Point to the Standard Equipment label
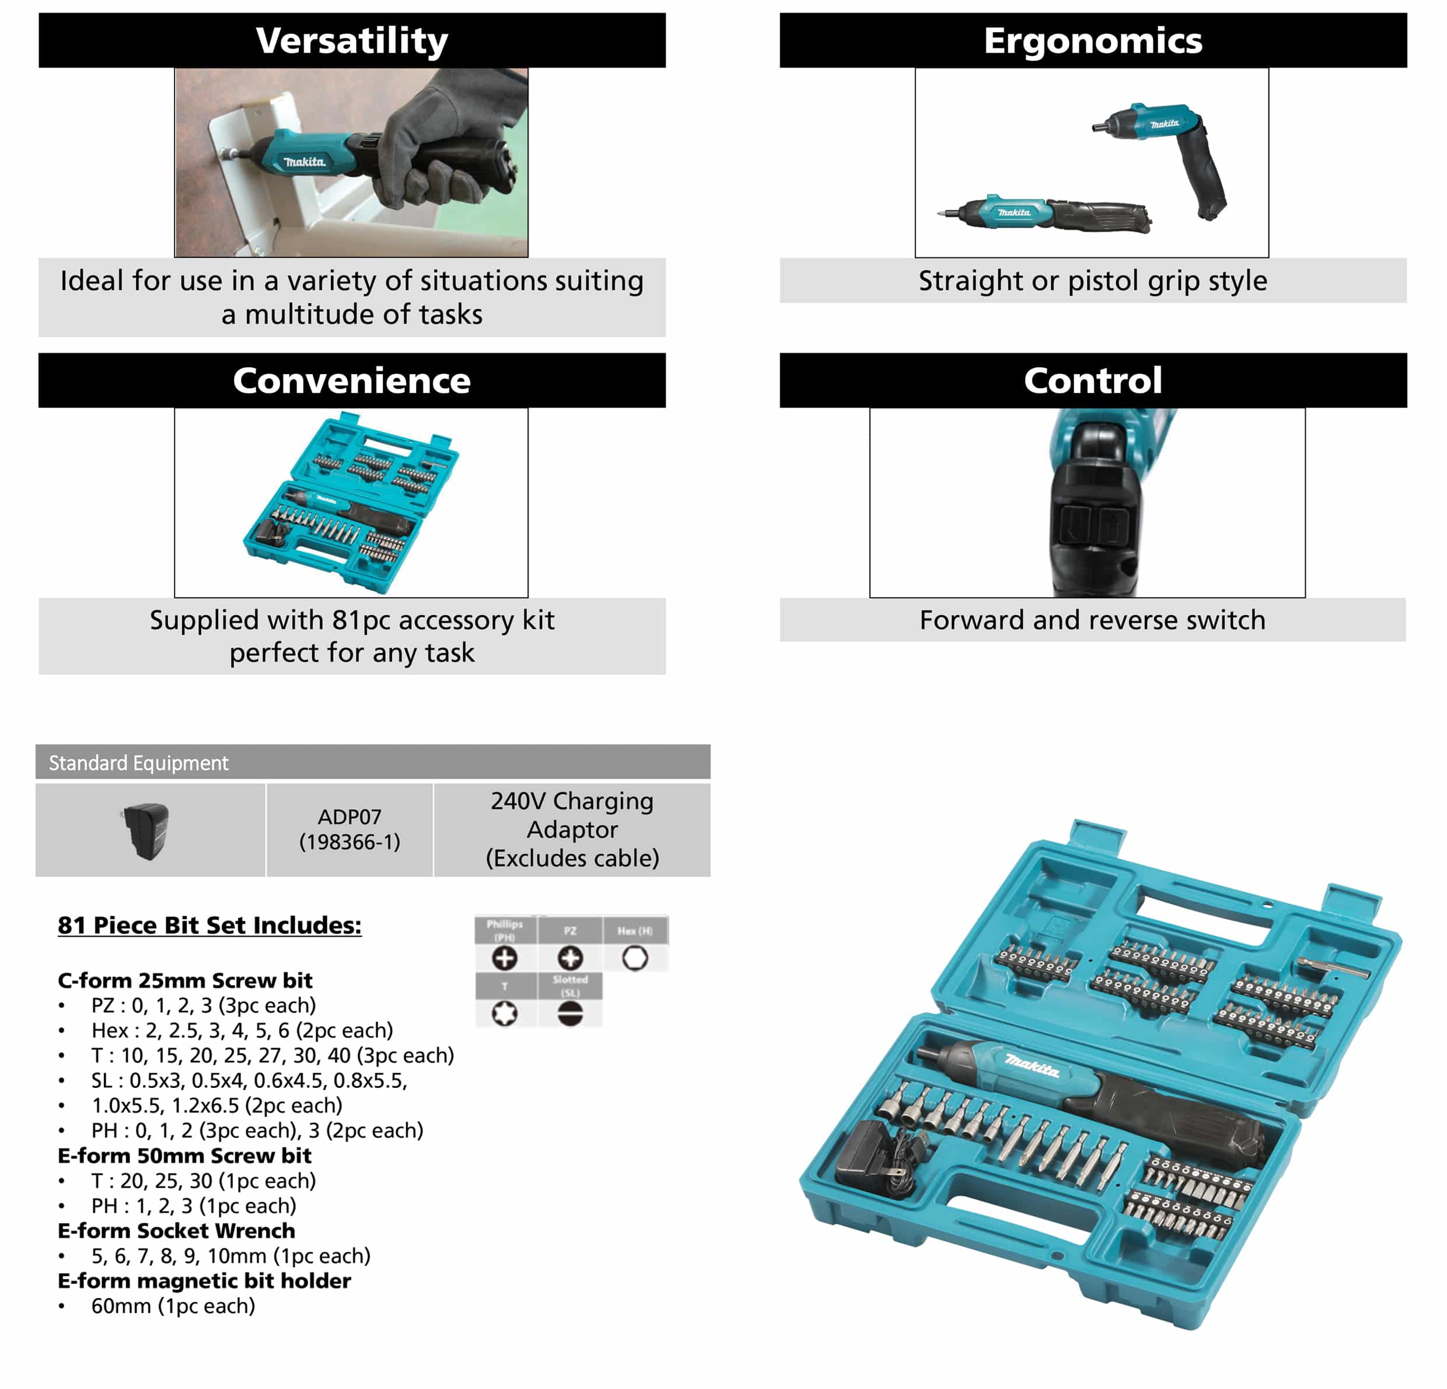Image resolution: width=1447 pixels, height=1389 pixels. coord(139,762)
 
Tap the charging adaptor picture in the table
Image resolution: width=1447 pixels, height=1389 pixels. coord(147,830)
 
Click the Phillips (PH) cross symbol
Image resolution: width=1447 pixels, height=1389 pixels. coord(504,958)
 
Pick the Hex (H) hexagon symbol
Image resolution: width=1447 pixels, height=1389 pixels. coord(635,958)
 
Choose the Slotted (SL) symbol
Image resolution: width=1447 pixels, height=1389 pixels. coord(570,1013)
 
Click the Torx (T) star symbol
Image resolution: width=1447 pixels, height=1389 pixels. coord(504,1013)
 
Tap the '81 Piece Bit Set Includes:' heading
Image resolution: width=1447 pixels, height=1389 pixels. coord(209,924)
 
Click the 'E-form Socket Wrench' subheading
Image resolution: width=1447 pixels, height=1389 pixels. coord(176,1230)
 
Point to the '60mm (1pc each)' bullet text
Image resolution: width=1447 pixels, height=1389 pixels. coord(173,1306)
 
